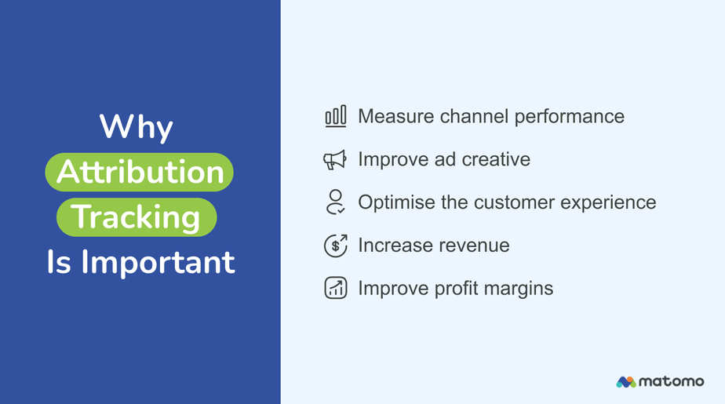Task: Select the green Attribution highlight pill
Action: pyautogui.click(x=139, y=172)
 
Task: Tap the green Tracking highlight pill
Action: pyautogui.click(x=137, y=217)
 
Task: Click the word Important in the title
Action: pyautogui.click(x=158, y=263)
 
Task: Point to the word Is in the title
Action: pyautogui.click(x=59, y=262)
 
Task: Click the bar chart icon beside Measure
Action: pyautogui.click(x=335, y=116)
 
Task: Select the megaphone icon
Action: pyautogui.click(x=335, y=159)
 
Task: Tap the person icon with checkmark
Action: pyautogui.click(x=335, y=202)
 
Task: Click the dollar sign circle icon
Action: pyautogui.click(x=336, y=246)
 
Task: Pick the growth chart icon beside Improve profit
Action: pyautogui.click(x=336, y=288)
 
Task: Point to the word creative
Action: pyautogui.click(x=496, y=159)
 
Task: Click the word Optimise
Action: pyautogui.click(x=397, y=203)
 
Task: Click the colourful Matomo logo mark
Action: pyautogui.click(x=626, y=382)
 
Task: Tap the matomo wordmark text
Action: pyautogui.click(x=672, y=382)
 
